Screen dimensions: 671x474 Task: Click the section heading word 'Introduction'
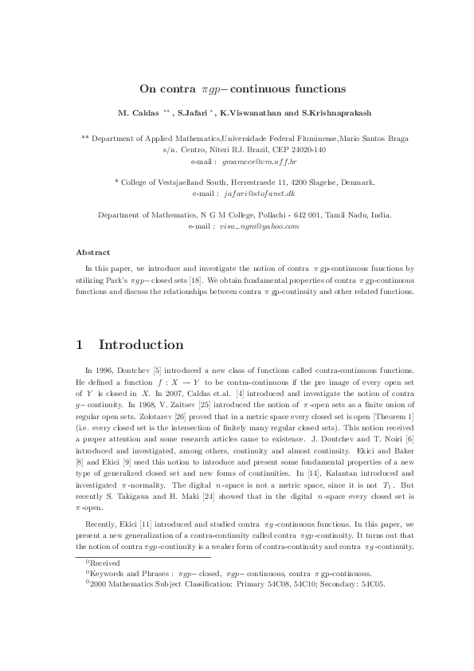tap(141, 345)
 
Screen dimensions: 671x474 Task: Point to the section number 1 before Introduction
tap(79, 345)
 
